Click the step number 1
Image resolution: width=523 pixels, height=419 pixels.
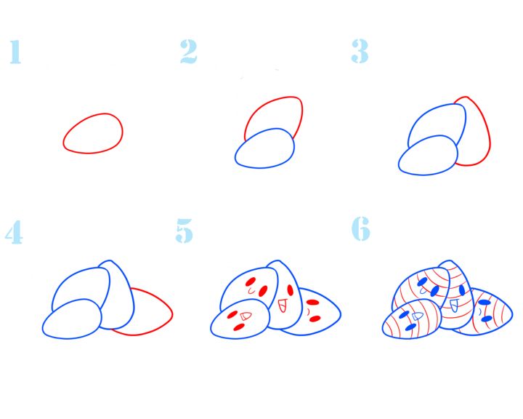[x=15, y=52]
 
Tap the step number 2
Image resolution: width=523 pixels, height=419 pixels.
[x=188, y=52]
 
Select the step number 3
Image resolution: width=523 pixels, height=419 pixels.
[x=360, y=51]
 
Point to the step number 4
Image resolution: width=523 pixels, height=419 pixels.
[x=14, y=232]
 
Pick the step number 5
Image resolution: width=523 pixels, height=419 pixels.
[x=184, y=231]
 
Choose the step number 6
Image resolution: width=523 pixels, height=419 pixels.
[x=361, y=228]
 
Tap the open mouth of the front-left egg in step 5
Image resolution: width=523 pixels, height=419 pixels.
[x=246, y=316]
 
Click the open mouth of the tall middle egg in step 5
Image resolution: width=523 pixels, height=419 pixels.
[x=282, y=306]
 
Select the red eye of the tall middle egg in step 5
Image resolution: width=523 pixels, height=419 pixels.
[x=290, y=290]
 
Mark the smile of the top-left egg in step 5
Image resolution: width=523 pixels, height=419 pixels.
[x=251, y=291]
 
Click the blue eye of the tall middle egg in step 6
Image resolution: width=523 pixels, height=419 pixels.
[x=462, y=290]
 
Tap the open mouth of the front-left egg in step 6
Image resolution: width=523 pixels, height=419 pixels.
[x=418, y=316]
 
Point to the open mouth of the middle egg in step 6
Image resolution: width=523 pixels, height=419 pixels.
[x=454, y=306]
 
